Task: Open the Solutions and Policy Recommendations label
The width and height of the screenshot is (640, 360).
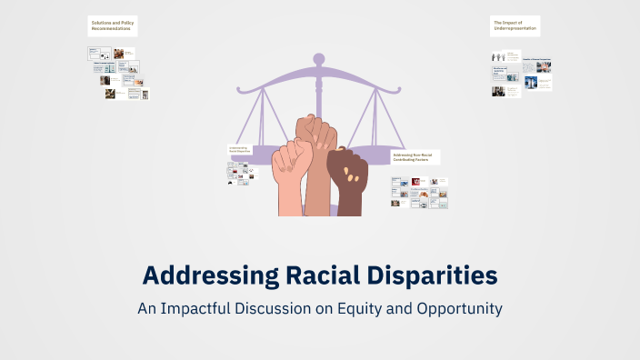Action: pos(113,25)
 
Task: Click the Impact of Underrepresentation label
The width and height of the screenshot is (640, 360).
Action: pos(515,25)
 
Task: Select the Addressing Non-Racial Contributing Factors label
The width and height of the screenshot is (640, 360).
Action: pos(415,156)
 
